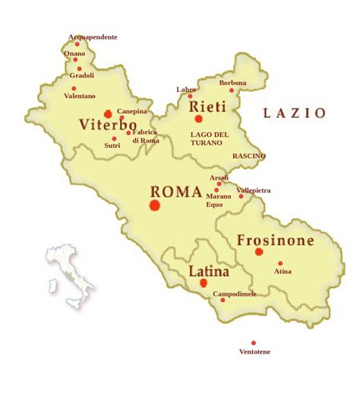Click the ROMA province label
click(x=175, y=192)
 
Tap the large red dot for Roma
click(x=155, y=205)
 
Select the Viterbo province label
click(x=107, y=125)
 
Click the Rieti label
click(x=207, y=105)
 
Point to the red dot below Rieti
click(x=199, y=119)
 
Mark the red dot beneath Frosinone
click(x=259, y=252)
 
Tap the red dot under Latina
click(x=203, y=283)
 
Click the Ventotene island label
click(x=254, y=352)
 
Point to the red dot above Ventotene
click(x=254, y=343)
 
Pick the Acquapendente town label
click(x=93, y=36)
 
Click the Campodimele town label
click(x=235, y=293)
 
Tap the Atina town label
click(x=283, y=271)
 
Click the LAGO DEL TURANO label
click(x=209, y=138)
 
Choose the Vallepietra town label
click(x=254, y=190)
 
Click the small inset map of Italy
click(x=70, y=274)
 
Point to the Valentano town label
click(x=80, y=97)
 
